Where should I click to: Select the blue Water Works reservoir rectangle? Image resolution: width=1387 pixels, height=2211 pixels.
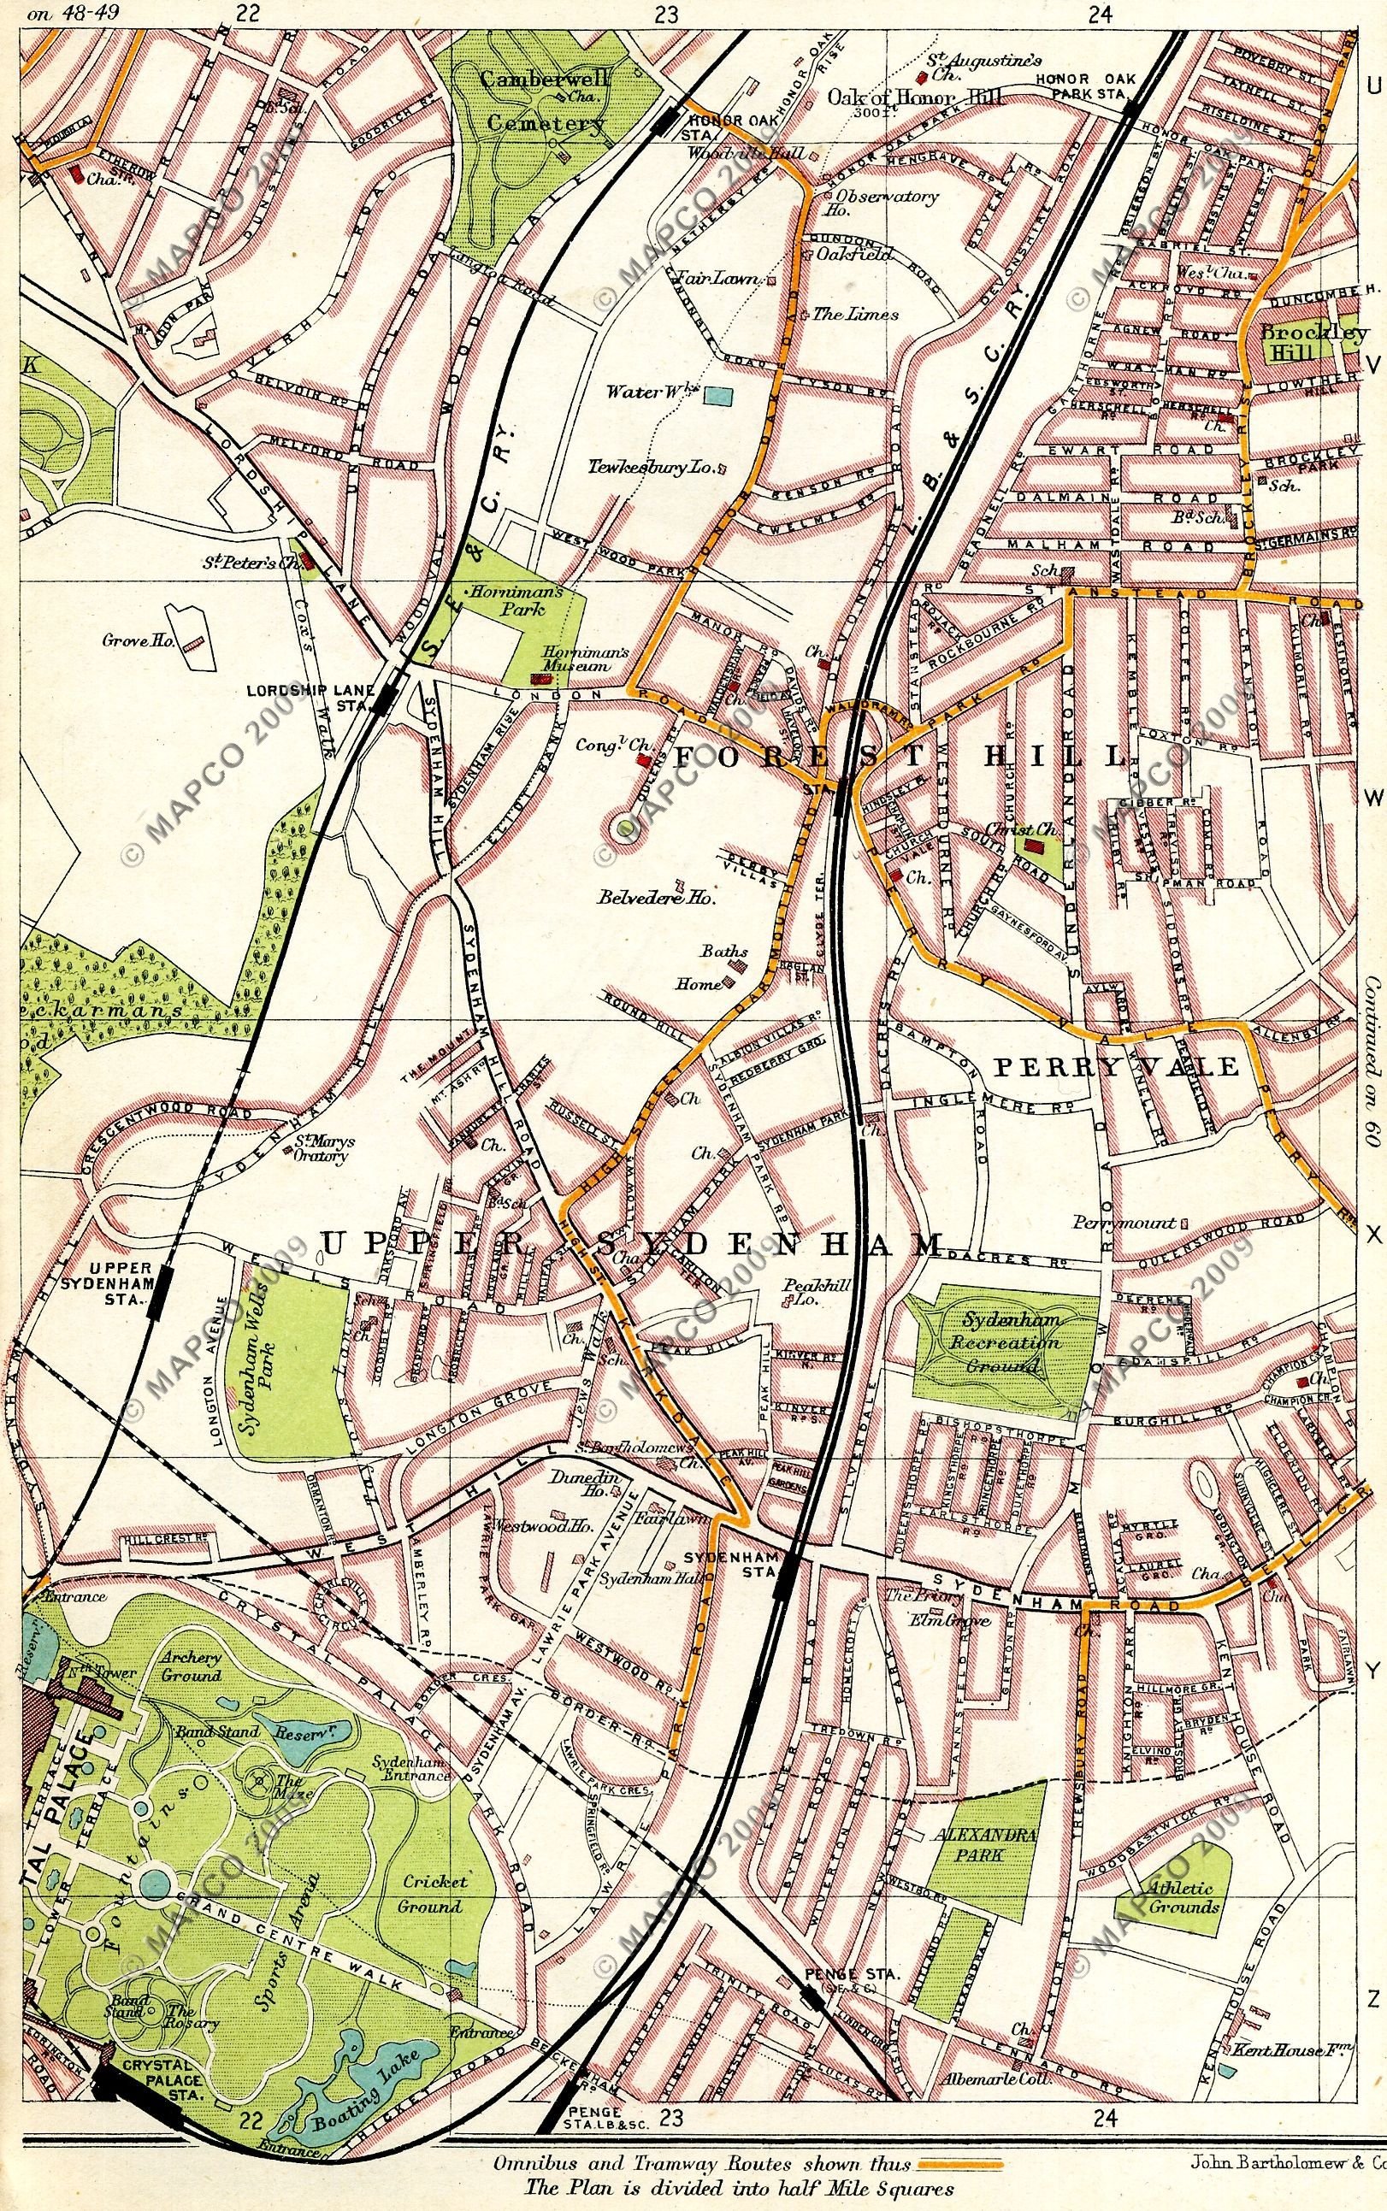(719, 396)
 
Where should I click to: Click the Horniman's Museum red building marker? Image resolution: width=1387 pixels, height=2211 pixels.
(543, 678)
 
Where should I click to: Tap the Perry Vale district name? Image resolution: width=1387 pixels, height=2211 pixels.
(1118, 1066)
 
